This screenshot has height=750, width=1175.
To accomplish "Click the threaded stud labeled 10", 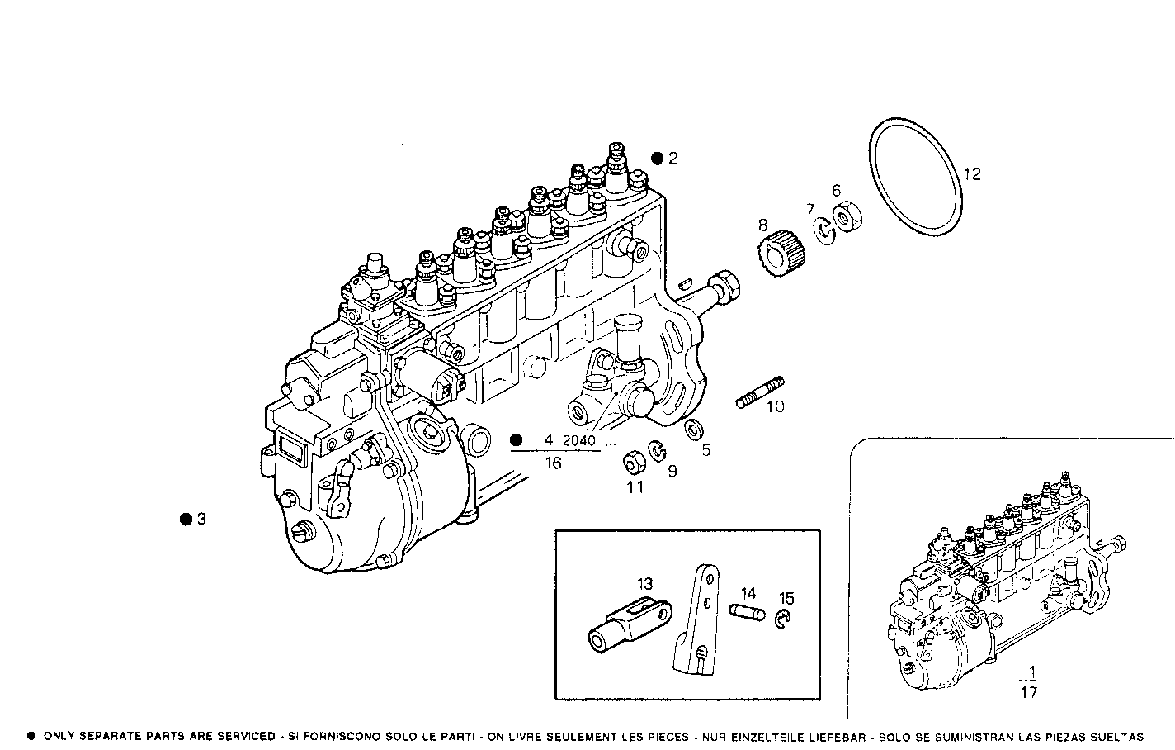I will (x=760, y=393).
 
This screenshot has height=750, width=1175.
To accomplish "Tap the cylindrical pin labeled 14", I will (x=748, y=611).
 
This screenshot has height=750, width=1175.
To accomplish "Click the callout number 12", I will (x=972, y=173).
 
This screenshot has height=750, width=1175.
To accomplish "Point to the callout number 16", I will (x=553, y=463).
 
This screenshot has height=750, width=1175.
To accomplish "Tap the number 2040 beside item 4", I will (x=578, y=441).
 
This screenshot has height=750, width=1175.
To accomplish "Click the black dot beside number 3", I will (x=185, y=519).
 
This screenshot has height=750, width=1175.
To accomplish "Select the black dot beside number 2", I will (x=657, y=158).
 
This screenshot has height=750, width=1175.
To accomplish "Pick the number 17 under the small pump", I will (x=1028, y=692).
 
